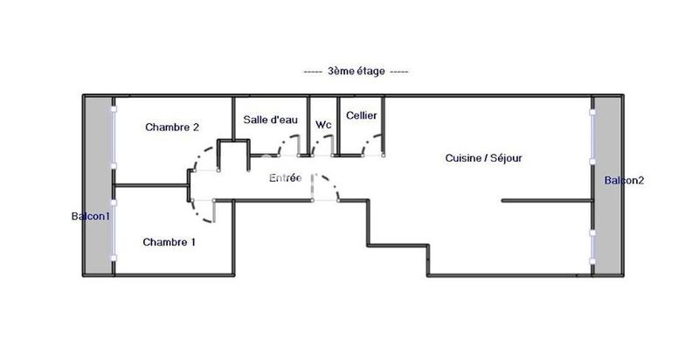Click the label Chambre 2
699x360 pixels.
[x=173, y=127]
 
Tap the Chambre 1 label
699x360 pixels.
[x=170, y=242]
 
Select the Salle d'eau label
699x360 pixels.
[x=268, y=119]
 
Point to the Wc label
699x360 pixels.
[x=322, y=124]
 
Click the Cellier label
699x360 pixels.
[x=361, y=115]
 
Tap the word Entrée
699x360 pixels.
[x=285, y=177]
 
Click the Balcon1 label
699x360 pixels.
[x=90, y=216]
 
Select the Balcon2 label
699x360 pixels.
[x=625, y=181]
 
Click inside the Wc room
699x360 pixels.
[x=322, y=140]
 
